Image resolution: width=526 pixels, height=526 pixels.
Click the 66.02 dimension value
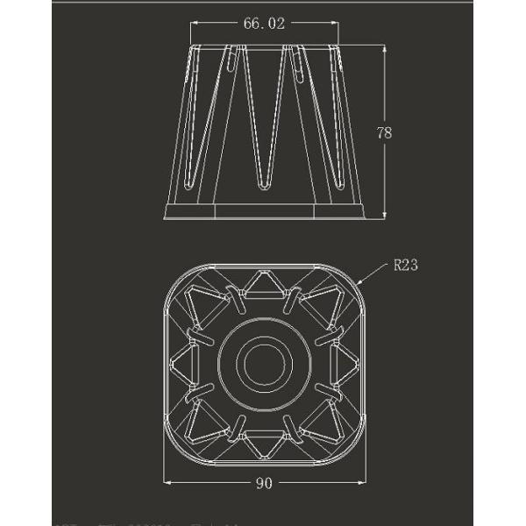(x=264, y=24)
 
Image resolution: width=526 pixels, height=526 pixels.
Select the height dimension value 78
(x=383, y=133)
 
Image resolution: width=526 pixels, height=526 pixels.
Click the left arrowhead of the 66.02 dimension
(x=193, y=24)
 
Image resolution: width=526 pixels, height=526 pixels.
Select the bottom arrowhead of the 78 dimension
(x=383, y=216)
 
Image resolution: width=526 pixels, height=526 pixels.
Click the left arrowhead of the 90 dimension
(x=167, y=483)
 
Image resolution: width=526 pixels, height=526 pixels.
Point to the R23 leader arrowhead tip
(x=359, y=286)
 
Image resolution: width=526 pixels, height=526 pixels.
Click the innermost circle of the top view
(x=262, y=364)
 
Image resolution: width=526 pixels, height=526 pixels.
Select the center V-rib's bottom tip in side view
(x=263, y=186)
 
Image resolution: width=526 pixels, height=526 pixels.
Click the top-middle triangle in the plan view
(x=263, y=284)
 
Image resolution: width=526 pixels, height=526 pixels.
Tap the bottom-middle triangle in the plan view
(x=263, y=444)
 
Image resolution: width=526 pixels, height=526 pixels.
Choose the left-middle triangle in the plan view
(x=182, y=364)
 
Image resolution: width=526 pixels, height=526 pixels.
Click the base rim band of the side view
(x=263, y=211)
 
